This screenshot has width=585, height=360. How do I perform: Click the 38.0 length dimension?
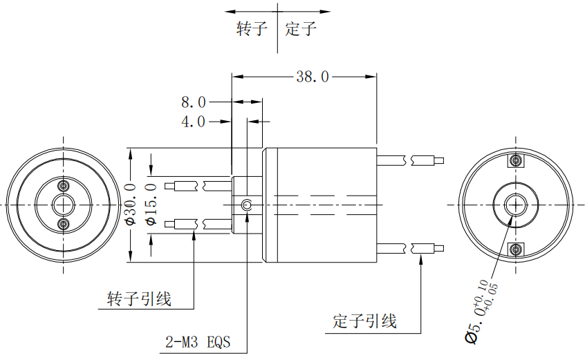[313, 77]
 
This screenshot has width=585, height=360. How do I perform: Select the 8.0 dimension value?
[193, 102]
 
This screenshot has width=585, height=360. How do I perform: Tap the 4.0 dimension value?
[193, 122]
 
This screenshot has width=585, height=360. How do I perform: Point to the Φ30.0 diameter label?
[131, 205]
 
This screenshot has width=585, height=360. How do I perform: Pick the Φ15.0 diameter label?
[151, 205]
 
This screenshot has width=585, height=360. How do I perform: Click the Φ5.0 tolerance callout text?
[481, 311]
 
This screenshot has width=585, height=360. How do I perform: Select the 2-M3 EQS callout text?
[198, 342]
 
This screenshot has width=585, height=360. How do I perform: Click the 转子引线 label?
[139, 299]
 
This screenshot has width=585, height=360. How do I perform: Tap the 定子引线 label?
[364, 321]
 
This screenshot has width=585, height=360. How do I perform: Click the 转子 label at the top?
[252, 28]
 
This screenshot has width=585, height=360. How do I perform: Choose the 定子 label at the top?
[301, 28]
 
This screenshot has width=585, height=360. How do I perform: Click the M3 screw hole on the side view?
[247, 205]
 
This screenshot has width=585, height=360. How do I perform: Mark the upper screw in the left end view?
[64, 186]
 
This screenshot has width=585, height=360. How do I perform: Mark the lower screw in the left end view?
[64, 224]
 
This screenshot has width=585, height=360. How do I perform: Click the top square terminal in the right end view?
[516, 161]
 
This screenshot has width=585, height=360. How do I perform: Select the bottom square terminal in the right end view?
[516, 249]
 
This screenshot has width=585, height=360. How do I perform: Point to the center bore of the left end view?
[64, 205]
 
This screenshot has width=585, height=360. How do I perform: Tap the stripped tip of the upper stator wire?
[439, 161]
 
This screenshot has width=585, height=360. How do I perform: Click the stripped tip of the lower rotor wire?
[169, 225]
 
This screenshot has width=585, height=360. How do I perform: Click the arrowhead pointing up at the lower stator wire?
[421, 259]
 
